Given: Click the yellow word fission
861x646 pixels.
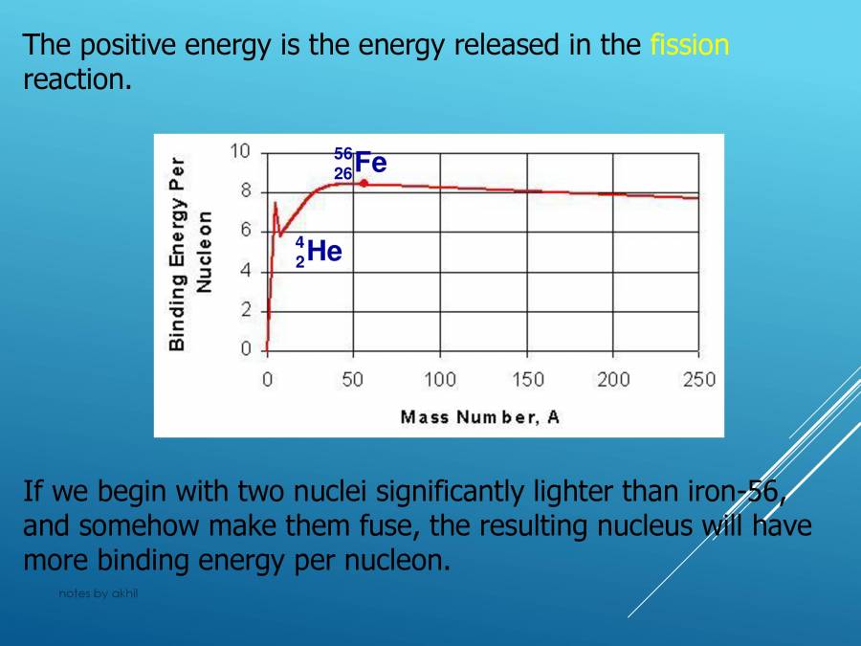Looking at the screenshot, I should point(689,44).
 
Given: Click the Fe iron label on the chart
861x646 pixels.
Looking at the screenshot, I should point(370,163).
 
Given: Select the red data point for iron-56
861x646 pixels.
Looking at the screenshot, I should point(364,183).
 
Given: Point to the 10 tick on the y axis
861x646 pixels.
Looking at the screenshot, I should point(240,151).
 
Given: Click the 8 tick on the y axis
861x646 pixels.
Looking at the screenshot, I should point(245,191).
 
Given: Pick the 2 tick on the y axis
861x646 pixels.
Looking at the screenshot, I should point(245,310).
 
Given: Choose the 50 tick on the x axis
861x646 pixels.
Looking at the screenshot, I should point(353,380).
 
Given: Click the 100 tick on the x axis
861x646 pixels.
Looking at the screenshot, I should point(440,380).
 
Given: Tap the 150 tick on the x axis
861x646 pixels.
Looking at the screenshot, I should point(527,380).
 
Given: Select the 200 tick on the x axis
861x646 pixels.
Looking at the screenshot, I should point(613,380).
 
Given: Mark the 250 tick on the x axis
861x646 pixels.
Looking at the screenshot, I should point(699,380).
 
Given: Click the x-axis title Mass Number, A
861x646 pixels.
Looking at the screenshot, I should point(479,416).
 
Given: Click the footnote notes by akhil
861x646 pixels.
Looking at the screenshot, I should point(99,593).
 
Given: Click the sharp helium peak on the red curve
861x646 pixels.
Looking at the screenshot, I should point(276,203).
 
